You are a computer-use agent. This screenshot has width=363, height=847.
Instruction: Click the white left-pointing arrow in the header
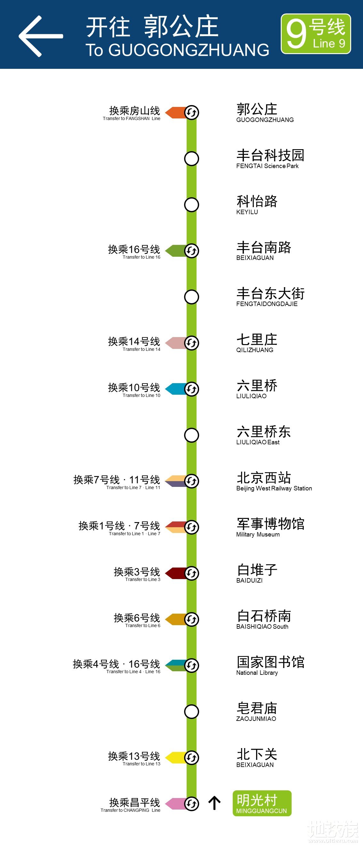[x=40, y=36]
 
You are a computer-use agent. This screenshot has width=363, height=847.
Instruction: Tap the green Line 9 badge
[x=316, y=34]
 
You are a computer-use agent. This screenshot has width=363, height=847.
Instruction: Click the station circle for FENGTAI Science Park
[x=191, y=158]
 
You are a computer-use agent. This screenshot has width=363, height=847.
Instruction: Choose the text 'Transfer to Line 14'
[x=141, y=349]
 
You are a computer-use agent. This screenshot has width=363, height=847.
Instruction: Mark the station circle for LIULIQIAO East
[x=191, y=435]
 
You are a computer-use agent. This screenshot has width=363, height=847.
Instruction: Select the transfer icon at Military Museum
[x=191, y=527]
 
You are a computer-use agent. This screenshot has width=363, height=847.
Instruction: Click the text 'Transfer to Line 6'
[x=143, y=625]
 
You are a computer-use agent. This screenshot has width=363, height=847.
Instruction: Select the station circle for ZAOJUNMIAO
[x=191, y=712]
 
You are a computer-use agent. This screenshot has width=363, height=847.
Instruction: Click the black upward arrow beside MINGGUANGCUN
[x=214, y=803]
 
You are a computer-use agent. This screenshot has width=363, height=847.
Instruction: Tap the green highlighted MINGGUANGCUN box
[x=262, y=803]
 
